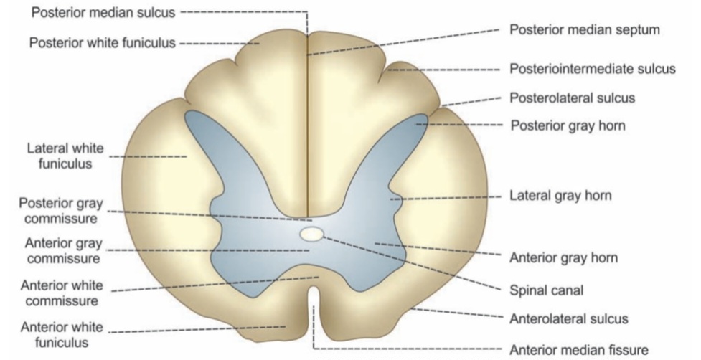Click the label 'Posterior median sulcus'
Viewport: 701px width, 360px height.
(x=105, y=12)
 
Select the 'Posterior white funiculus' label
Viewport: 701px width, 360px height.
(x=102, y=43)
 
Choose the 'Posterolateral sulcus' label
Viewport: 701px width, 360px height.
(x=572, y=98)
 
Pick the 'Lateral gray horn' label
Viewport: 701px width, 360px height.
(x=560, y=195)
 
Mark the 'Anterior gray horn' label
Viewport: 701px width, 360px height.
(x=563, y=257)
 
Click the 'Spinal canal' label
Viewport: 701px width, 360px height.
(x=545, y=290)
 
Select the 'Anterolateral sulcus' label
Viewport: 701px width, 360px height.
(x=569, y=318)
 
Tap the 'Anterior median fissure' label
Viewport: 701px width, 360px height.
(x=578, y=350)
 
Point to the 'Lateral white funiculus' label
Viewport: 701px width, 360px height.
(x=65, y=156)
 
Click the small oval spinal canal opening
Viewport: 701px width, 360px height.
(x=312, y=234)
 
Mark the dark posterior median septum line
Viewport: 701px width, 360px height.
(x=308, y=129)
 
